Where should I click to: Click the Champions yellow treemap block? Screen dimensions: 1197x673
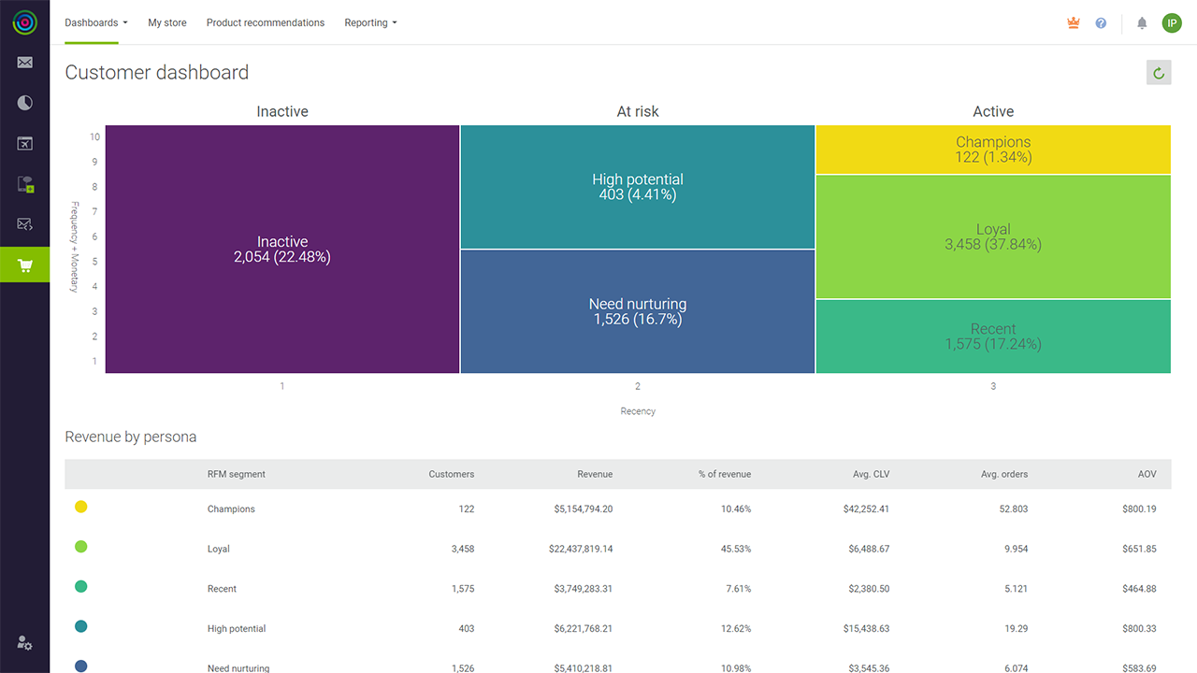pos(993,150)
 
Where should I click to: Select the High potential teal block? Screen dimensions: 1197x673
pos(638,187)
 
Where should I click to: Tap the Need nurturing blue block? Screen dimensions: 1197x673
pos(638,311)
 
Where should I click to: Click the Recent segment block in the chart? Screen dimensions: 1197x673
pos(993,336)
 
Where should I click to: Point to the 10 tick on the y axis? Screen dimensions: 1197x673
pos(94,136)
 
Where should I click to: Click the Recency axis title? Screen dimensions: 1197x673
pos(638,411)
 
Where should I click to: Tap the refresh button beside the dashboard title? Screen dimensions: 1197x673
pos(1159,73)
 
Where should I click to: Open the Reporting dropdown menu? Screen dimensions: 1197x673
pos(370,22)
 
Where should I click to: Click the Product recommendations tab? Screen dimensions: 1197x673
pos(265,22)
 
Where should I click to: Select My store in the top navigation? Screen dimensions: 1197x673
pos(167,22)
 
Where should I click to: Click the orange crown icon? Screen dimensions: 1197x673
pos(1073,23)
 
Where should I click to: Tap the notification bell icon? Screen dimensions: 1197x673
pos(1142,23)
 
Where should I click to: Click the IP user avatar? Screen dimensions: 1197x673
pos(1172,23)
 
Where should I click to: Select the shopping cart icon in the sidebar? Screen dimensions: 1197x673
pos(24,265)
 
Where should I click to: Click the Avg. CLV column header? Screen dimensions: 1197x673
pos(871,474)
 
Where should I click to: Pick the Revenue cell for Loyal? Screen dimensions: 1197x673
pos(581,549)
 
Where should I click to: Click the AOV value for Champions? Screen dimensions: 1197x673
pos(1139,509)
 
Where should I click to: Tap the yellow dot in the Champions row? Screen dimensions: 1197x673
pos(80,507)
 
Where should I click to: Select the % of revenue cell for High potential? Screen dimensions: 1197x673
pos(736,629)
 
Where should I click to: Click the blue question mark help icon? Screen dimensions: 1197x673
pos(1101,23)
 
